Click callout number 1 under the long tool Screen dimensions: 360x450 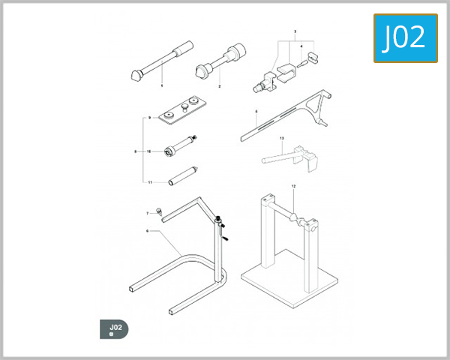(x=160, y=87)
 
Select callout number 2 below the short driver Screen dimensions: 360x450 (x=219, y=87)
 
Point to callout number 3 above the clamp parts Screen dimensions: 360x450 (x=295, y=31)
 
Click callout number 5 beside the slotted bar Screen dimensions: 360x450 (x=256, y=112)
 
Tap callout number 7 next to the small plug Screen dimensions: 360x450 (x=136, y=151)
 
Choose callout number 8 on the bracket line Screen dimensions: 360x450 (x=149, y=118)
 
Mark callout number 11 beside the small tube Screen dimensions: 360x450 (x=149, y=182)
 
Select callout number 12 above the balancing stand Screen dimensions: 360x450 (x=294, y=185)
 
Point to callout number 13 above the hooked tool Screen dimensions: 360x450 (x=281, y=139)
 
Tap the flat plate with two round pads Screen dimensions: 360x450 (x=183, y=106)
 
